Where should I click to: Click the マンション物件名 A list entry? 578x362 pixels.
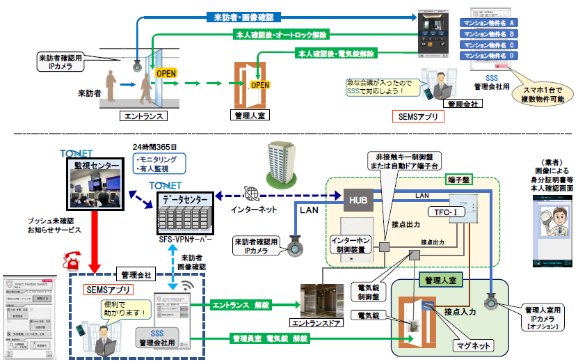point(488,22)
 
